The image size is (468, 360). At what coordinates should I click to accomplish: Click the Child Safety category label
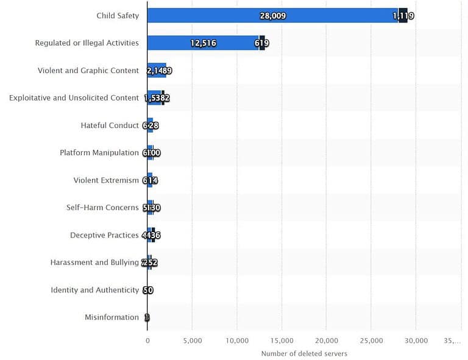pyautogui.click(x=118, y=15)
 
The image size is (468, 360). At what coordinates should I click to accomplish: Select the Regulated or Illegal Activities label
pyautogui.click(x=87, y=43)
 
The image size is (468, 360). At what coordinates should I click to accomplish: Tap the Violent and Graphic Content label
pyautogui.click(x=88, y=70)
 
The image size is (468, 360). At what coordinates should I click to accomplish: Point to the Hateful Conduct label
pyautogui.click(x=110, y=125)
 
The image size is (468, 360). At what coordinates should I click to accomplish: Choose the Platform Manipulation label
pyautogui.click(x=99, y=152)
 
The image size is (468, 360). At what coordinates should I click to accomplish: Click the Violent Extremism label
pyautogui.click(x=106, y=180)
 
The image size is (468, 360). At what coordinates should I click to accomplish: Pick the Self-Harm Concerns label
pyautogui.click(x=102, y=207)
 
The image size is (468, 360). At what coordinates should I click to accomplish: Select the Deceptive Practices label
pyautogui.click(x=104, y=235)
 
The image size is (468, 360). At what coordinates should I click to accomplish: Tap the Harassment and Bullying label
pyautogui.click(x=94, y=263)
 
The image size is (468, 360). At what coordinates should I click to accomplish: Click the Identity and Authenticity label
pyautogui.click(x=94, y=290)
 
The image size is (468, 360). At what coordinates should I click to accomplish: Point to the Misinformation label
pyautogui.click(x=112, y=317)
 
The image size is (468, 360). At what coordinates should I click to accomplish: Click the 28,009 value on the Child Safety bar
pyautogui.click(x=272, y=16)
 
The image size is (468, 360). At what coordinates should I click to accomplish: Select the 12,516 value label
pyautogui.click(x=203, y=43)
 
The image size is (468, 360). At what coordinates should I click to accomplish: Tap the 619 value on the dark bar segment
pyautogui.click(x=262, y=43)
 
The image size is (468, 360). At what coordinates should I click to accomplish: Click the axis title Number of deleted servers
pyautogui.click(x=303, y=353)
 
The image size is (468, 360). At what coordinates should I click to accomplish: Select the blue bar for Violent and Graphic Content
pyautogui.click(x=157, y=70)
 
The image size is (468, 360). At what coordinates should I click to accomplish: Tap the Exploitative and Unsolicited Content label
pyautogui.click(x=74, y=97)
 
